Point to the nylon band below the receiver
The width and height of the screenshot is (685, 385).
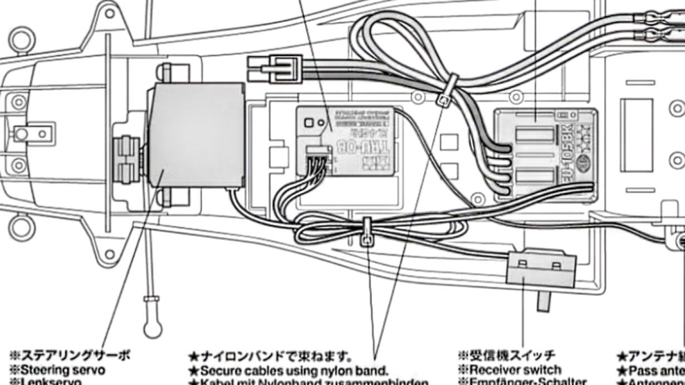point(367,232)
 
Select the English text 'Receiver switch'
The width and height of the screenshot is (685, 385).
point(515,369)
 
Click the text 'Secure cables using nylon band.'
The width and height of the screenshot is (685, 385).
point(294,371)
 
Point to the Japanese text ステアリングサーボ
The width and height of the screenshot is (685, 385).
point(70,355)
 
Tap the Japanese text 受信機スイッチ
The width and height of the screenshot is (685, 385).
point(507,355)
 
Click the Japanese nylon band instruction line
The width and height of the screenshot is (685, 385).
point(270,356)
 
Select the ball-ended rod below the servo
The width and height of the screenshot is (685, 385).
point(152,318)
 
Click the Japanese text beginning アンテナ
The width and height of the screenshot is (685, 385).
point(652,356)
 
